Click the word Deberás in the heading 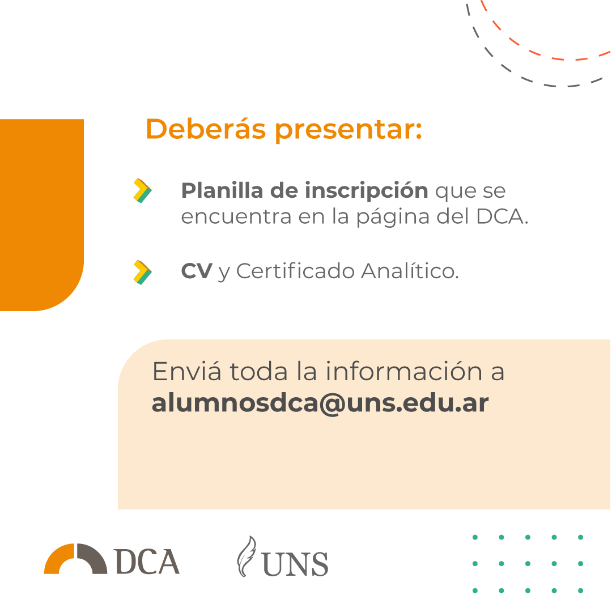pos(206,129)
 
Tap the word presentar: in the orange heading pos(349,131)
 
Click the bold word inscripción pos(367,191)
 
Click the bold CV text pos(197,271)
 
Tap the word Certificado pos(295,270)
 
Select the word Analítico pos(410,270)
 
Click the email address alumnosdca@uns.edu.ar pos(320,403)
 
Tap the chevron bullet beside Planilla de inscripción pos(142,191)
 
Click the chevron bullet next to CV pos(142,272)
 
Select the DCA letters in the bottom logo pos(147,561)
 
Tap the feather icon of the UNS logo pos(246,556)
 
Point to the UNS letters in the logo pos(295,564)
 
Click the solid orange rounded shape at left pos(42,215)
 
